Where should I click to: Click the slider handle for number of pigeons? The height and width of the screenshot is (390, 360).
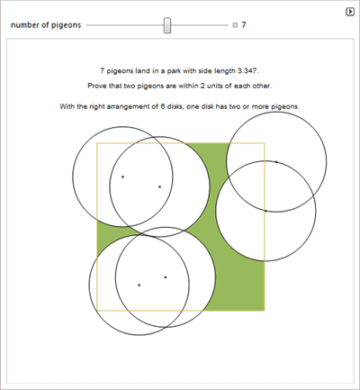click(x=167, y=25)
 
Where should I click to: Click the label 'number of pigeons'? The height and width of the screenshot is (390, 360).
click(x=46, y=25)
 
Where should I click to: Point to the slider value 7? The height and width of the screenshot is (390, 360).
click(x=244, y=24)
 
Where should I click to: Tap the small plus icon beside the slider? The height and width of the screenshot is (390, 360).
click(x=235, y=25)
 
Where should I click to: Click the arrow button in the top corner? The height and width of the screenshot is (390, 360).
click(x=350, y=12)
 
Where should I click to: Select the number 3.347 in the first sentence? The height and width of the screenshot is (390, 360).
click(x=247, y=71)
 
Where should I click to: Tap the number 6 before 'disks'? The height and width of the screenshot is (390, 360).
click(x=162, y=106)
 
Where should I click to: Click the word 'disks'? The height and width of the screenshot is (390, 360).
click(x=175, y=106)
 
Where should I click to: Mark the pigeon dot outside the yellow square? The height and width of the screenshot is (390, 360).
click(x=276, y=162)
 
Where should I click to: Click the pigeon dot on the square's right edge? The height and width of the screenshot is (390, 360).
click(x=265, y=211)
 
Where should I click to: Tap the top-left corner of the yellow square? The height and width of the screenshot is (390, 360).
click(x=97, y=143)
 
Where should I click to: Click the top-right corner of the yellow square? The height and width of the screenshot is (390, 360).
click(x=265, y=143)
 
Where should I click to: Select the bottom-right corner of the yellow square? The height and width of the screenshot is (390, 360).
click(x=265, y=311)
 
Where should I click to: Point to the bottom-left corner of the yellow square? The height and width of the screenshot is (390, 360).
click(x=97, y=311)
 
